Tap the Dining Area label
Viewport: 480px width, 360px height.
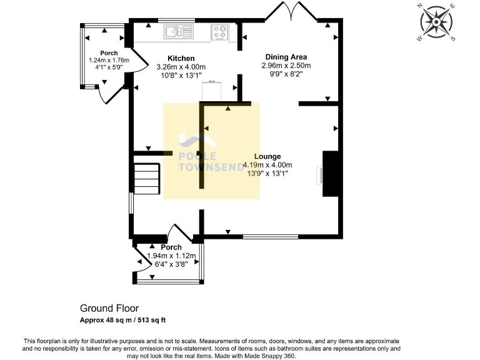[x=286, y=57]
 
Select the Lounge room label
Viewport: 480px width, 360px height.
[x=267, y=156]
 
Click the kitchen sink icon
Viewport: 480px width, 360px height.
[x=173, y=31]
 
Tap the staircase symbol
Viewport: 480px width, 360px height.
[x=146, y=178]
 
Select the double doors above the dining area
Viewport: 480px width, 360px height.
[x=290, y=13]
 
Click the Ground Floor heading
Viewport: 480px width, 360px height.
[x=109, y=308]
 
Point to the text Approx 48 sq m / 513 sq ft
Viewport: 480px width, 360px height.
[x=122, y=320]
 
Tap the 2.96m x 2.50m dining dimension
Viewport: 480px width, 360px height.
[x=286, y=66]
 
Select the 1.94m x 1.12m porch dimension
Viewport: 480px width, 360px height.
[x=171, y=256]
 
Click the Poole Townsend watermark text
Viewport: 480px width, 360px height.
[x=197, y=162]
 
